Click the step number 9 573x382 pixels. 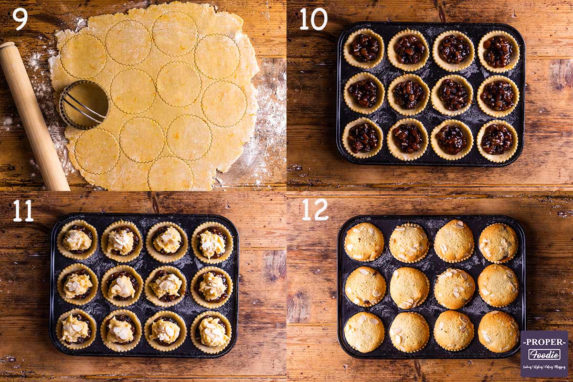20,19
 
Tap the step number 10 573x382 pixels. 313,19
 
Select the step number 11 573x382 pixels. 23,211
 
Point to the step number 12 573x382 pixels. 315,210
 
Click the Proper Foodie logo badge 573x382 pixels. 544,354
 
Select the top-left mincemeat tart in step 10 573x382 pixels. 363,48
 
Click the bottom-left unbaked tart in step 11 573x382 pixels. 75,329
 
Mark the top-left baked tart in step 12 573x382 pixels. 364,242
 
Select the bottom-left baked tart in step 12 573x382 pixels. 364,332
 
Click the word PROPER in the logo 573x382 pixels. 544,342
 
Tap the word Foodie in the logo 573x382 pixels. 544,354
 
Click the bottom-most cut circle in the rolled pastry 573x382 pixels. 170,175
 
